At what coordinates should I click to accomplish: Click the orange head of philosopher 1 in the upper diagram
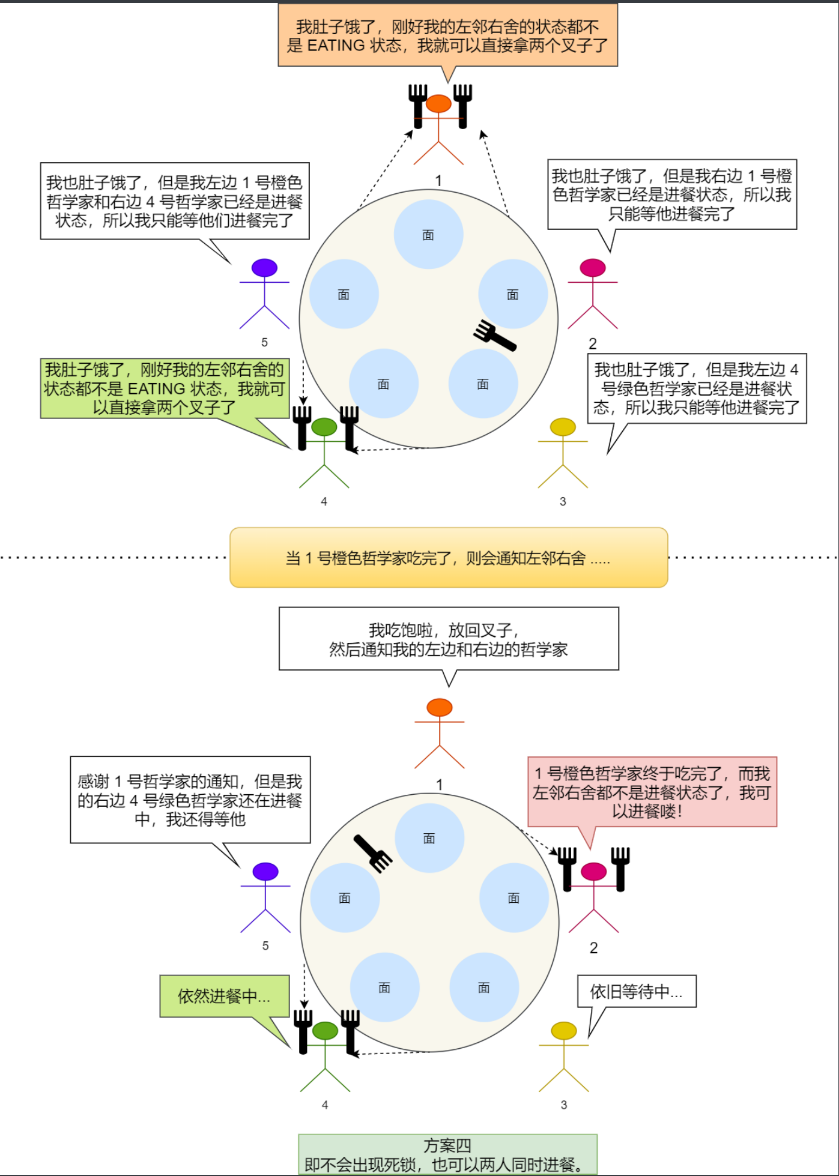438,103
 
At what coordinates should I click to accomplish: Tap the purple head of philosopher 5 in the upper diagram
264,268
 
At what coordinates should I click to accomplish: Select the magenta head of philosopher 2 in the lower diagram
593,871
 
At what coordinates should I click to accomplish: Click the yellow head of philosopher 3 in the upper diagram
563,427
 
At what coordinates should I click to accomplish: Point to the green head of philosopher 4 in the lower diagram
325,1030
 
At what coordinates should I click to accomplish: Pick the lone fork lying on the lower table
373,852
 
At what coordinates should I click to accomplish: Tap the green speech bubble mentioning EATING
165,388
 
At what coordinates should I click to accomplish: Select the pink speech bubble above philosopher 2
652,792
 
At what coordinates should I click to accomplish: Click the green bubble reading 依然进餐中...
224,996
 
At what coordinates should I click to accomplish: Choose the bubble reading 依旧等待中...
637,991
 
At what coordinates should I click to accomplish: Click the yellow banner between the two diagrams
449,558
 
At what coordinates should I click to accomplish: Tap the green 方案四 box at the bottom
447,1154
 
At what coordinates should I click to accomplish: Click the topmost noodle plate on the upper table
428,235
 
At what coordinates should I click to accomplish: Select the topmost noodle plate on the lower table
429,838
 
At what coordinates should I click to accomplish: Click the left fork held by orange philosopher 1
418,105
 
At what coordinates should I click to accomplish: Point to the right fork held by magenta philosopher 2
620,868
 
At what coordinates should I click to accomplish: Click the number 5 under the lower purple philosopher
265,945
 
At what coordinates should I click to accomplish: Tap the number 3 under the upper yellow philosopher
563,501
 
